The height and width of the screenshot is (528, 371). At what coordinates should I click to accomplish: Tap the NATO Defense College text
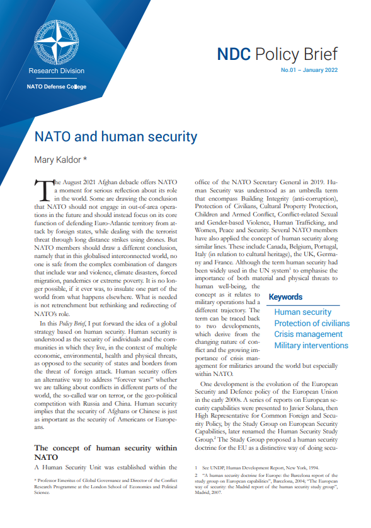pyautogui.click(x=57, y=87)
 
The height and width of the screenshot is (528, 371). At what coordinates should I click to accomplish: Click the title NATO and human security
pyautogui.click(x=115, y=136)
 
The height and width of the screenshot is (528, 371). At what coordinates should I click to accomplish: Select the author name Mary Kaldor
pyautogui.click(x=60, y=160)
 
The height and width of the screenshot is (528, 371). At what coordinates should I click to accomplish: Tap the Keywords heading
pyautogui.click(x=285, y=297)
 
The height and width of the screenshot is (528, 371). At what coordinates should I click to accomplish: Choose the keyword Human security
pyautogui.click(x=302, y=312)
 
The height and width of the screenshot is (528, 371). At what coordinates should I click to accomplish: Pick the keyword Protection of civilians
pyautogui.click(x=312, y=324)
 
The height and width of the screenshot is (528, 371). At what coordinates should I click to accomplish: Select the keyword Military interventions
pyautogui.click(x=311, y=346)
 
